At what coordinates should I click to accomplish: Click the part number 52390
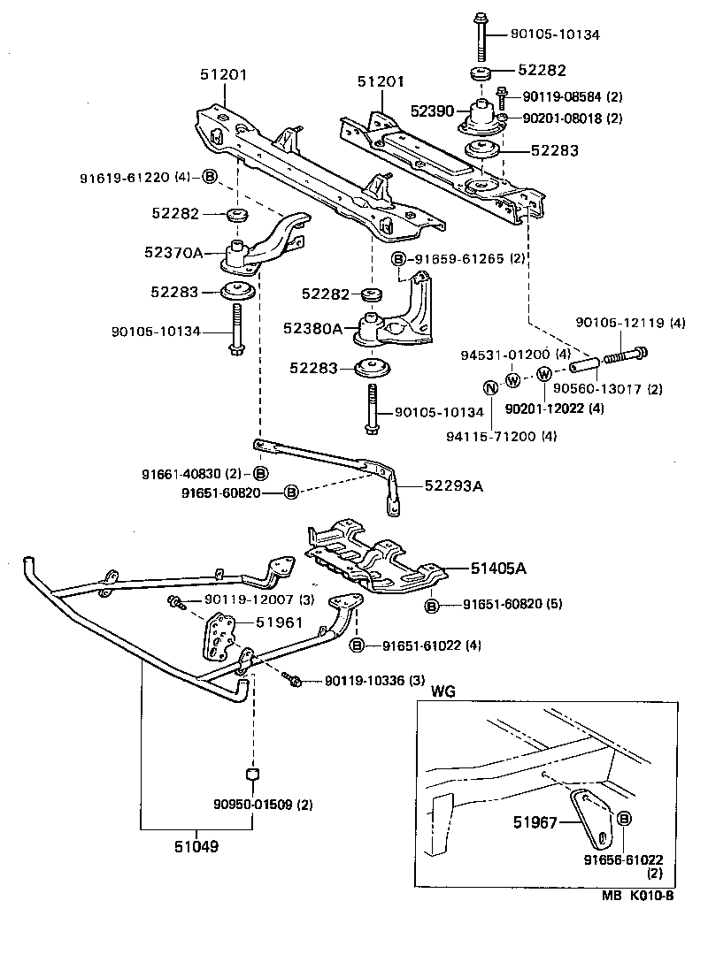[x=432, y=111]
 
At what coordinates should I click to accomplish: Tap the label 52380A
[x=312, y=328]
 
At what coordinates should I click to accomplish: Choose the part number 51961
[x=279, y=622]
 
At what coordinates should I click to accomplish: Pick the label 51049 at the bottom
[x=196, y=846]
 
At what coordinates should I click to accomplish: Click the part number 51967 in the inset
[x=536, y=822]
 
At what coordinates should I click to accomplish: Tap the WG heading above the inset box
[x=443, y=691]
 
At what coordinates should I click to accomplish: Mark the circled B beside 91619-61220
[x=209, y=176]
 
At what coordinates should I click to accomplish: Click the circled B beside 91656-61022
[x=623, y=820]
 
